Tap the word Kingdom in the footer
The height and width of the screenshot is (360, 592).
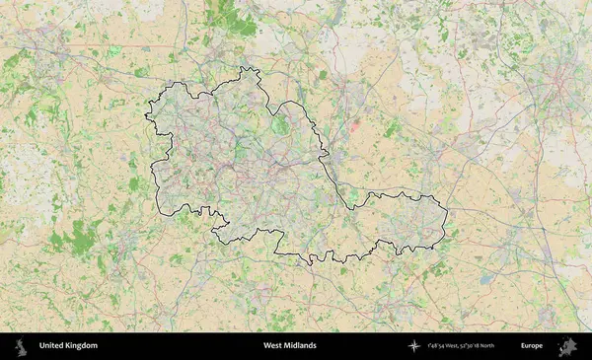pos(81,346)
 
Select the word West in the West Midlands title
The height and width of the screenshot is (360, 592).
pos(273,346)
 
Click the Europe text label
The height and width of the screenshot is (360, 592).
pos(532,346)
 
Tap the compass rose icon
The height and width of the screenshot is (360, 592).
pos(413,346)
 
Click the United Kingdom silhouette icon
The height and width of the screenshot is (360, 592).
pos(19,346)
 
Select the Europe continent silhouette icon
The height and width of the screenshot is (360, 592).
pos(567,346)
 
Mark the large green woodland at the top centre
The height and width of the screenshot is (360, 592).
pos(225,15)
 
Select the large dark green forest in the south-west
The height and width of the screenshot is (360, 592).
pos(81,237)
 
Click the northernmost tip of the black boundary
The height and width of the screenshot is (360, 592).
pos(242,67)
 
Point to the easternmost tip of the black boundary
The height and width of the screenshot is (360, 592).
pos(446,212)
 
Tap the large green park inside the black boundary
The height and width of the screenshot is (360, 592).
pos(281,125)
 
